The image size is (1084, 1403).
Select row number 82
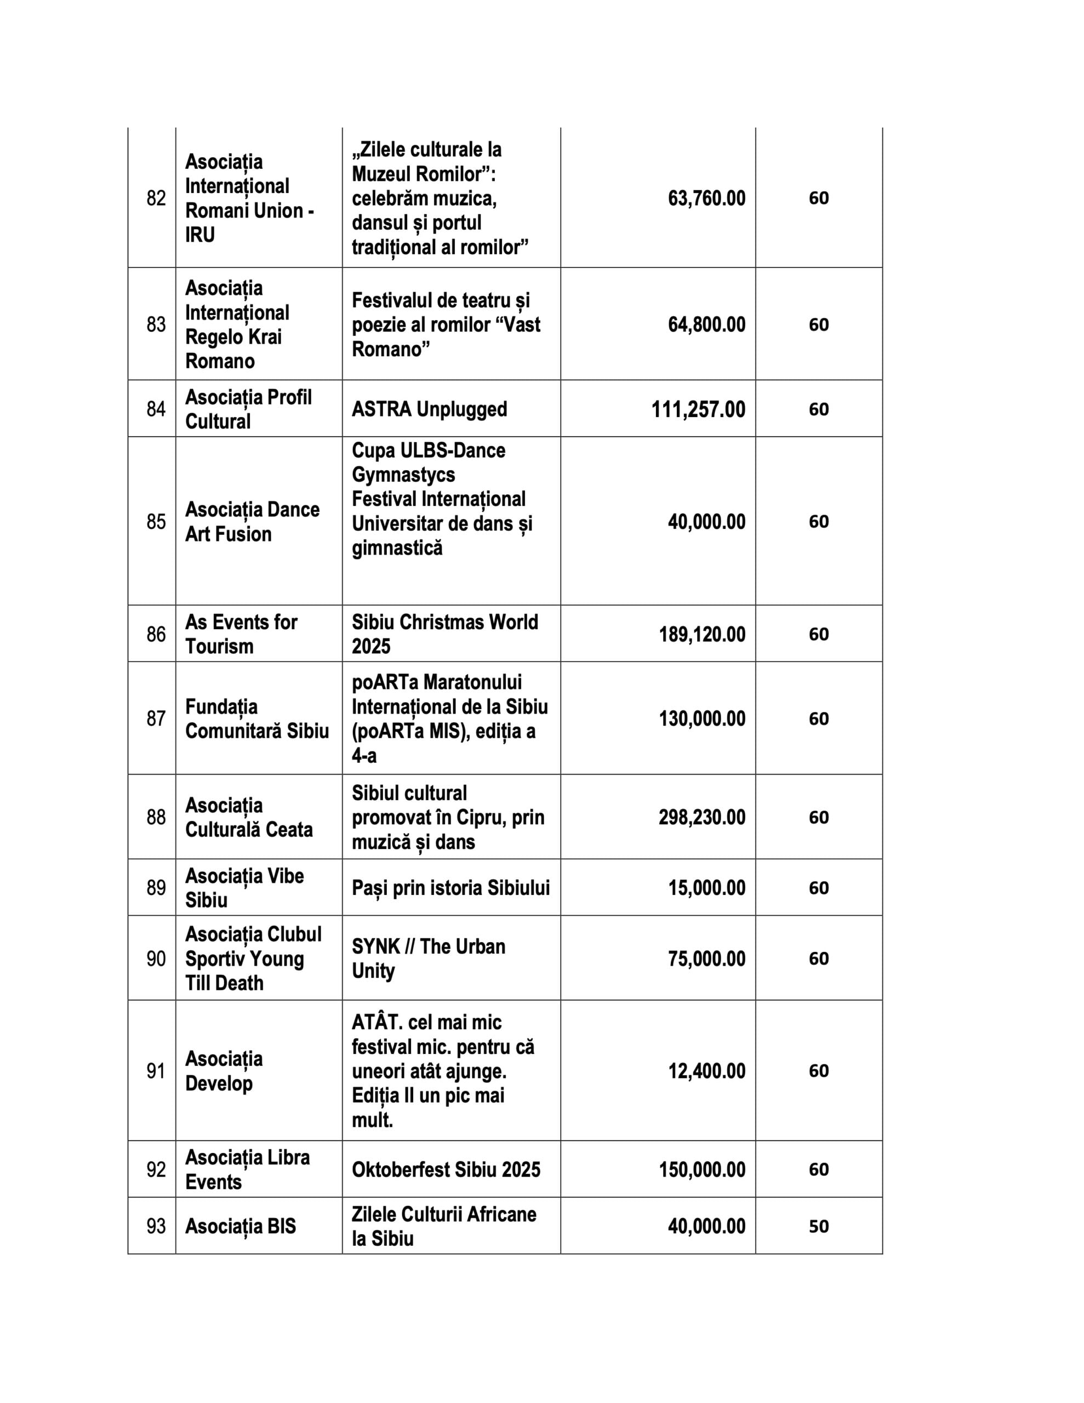(x=156, y=198)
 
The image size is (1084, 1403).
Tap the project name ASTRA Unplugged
(x=429, y=409)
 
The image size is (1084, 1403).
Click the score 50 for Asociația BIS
(x=818, y=1227)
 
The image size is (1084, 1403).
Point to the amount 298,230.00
(x=701, y=817)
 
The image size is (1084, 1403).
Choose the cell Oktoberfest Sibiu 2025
(x=446, y=1169)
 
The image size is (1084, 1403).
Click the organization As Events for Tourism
(x=241, y=634)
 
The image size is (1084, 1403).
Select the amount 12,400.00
(x=706, y=1071)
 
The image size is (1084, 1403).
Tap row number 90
(x=156, y=959)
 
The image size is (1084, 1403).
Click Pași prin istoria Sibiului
(x=450, y=888)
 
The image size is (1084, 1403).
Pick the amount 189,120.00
(x=701, y=635)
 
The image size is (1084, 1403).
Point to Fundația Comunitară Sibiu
(x=256, y=718)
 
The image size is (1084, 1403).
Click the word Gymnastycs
(x=403, y=475)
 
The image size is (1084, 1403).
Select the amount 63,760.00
(x=706, y=198)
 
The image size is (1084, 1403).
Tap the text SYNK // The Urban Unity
(x=428, y=959)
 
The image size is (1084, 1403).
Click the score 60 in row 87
(x=818, y=718)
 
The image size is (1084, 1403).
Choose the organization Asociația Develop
(x=224, y=1071)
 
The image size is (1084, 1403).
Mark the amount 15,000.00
(x=706, y=888)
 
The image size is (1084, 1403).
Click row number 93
(x=156, y=1227)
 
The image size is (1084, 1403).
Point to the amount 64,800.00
(x=706, y=324)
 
